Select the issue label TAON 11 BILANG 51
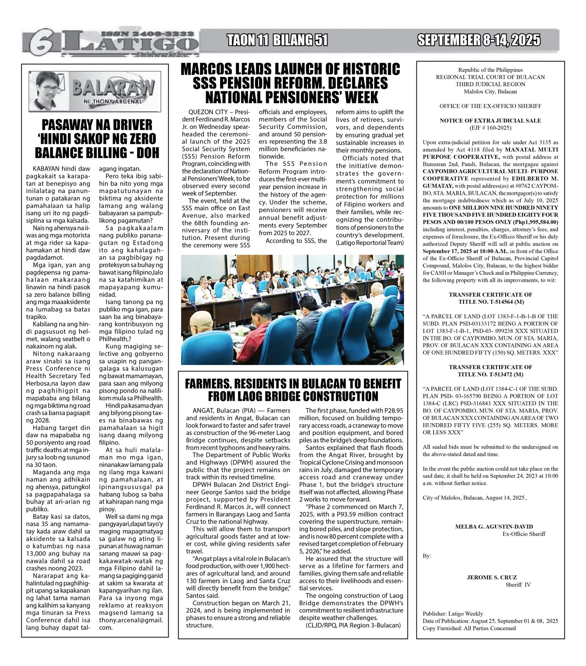click(277, 40)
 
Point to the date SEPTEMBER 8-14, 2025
click(479, 40)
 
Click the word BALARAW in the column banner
click(114, 88)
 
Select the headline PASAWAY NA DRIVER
click(97, 125)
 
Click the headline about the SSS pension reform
click(290, 83)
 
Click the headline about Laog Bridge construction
click(293, 390)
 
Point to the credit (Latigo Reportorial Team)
click(370, 243)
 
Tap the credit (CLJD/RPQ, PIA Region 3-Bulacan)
click(353, 625)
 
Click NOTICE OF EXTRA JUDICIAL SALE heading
click(490, 121)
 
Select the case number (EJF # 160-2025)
click(490, 128)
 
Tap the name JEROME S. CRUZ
click(492, 577)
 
